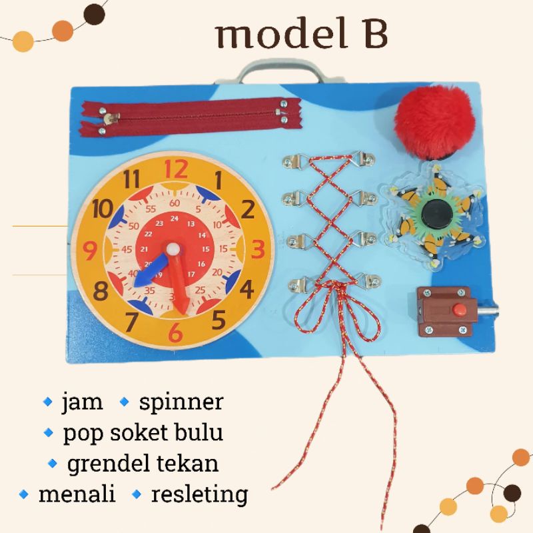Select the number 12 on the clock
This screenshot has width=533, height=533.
pos(176,169)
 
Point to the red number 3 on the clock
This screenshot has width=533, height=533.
pos(258,249)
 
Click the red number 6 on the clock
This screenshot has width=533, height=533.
pos(175,330)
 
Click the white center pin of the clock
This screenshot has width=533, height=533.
pos(173,249)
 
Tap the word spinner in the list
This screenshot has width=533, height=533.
pos(181,402)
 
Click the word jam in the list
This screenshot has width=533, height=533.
pos(82,402)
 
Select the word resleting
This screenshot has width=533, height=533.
pos(200,494)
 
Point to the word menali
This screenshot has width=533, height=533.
pos(77,494)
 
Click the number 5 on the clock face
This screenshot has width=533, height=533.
pos(218,320)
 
